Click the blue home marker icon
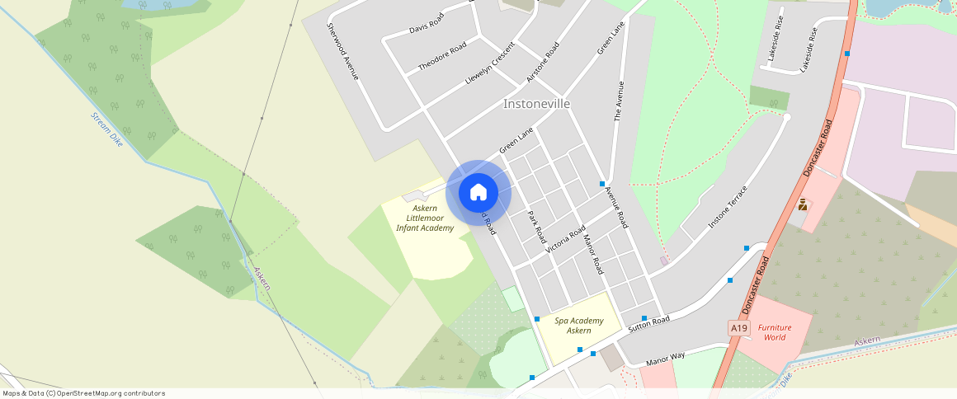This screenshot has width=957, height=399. click(478, 193)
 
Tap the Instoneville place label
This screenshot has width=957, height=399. click(536, 104)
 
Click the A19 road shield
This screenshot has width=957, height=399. click(738, 328)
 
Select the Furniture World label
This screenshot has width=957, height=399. click(774, 332)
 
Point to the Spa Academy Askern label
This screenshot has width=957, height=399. click(578, 326)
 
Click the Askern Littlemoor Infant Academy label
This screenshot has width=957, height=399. click(425, 218)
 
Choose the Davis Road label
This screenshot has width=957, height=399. click(427, 23)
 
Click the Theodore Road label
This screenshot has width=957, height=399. click(442, 55)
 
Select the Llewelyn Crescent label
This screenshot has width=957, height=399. click(490, 62)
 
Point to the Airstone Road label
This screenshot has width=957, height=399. click(543, 62)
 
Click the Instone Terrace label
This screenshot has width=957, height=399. click(728, 207)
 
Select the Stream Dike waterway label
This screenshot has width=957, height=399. click(106, 129)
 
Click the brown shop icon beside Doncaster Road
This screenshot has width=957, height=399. click(802, 204)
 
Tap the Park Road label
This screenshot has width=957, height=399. click(536, 226)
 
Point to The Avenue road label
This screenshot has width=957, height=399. click(620, 101)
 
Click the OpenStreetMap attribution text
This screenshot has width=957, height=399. click(83, 393)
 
